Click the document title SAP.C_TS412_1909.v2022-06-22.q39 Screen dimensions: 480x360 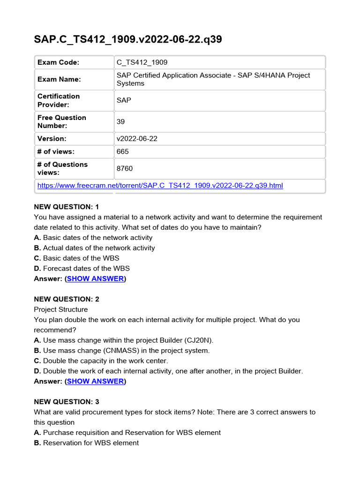[x=128, y=39]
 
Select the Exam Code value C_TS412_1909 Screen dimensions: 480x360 [x=142, y=62]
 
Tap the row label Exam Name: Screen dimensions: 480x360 [x=59, y=79]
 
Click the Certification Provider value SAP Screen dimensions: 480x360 [x=124, y=100]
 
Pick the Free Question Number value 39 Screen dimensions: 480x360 [x=120, y=121]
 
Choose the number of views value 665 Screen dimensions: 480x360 [x=122, y=151]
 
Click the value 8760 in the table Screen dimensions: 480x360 [x=124, y=168]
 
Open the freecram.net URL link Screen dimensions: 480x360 [x=160, y=186]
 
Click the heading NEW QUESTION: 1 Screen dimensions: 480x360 [x=67, y=207]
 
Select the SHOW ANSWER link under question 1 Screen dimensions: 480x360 [x=95, y=279]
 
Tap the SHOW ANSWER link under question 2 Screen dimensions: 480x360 [x=95, y=382]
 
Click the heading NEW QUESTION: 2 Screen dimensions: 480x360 [x=67, y=299]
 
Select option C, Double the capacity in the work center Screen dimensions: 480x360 [x=101, y=361]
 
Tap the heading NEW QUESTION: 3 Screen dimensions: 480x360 [x=67, y=402]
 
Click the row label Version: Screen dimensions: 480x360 [x=52, y=139]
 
